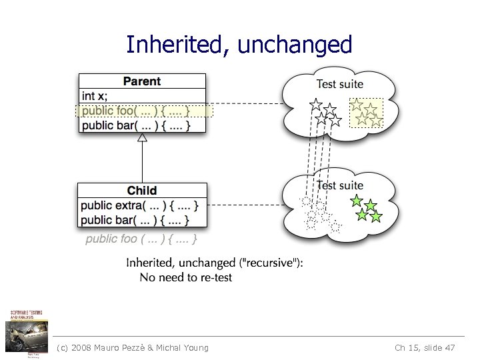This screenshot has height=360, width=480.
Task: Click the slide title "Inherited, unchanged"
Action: tap(239, 45)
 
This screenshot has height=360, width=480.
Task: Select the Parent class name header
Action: tap(142, 81)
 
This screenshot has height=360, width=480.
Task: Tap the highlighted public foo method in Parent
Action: tap(136, 111)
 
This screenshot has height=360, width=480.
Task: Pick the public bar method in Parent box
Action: tap(136, 125)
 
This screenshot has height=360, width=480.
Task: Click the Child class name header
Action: tap(142, 191)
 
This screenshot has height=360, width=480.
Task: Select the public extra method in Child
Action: tap(140, 205)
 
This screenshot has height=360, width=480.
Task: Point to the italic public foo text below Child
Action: tap(141, 239)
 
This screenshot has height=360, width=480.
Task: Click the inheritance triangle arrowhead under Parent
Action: tap(142, 138)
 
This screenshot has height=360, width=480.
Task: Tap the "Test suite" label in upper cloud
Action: tap(340, 83)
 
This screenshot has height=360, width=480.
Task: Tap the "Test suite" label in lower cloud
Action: tap(340, 185)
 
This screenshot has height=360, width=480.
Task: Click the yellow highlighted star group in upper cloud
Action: tap(366, 113)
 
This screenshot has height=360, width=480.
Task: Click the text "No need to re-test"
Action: tap(186, 277)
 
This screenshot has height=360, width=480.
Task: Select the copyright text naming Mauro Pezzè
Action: tap(133, 347)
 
